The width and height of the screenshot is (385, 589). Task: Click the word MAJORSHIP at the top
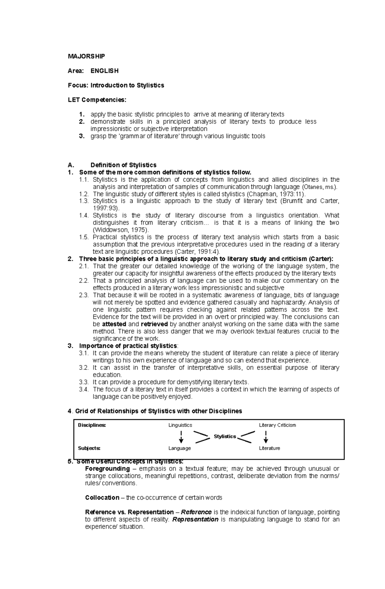86,56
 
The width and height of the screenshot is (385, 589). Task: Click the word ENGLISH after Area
105,71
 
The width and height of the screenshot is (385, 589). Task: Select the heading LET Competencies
97,100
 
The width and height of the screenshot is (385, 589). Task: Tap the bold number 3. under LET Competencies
82,136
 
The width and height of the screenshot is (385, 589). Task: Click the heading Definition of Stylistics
124,165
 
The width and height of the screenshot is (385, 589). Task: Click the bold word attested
114,324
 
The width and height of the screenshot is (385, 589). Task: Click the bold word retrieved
154,324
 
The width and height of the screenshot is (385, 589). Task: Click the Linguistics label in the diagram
180,425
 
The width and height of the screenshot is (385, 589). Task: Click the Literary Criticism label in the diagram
277,425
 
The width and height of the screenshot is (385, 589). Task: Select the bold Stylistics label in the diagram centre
225,437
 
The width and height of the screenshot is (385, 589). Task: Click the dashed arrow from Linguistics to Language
181,437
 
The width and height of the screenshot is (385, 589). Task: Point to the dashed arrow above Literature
266,437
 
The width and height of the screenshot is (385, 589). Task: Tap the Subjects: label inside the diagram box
89,448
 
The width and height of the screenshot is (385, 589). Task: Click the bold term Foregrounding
107,469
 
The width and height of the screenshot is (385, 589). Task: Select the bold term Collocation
102,498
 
